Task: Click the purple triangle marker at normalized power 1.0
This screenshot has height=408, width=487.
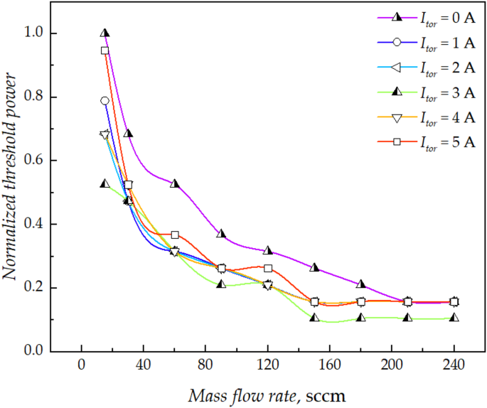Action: (105, 33)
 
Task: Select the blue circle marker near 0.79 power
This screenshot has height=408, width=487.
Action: (105, 101)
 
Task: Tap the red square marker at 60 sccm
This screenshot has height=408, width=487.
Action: (175, 235)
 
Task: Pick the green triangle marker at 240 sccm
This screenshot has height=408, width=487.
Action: (454, 318)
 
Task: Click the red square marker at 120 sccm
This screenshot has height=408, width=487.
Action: (268, 268)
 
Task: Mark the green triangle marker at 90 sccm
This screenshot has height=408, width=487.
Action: (221, 284)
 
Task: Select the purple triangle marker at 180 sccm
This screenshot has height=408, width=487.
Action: (360, 284)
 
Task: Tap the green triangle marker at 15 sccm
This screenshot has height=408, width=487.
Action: (105, 183)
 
